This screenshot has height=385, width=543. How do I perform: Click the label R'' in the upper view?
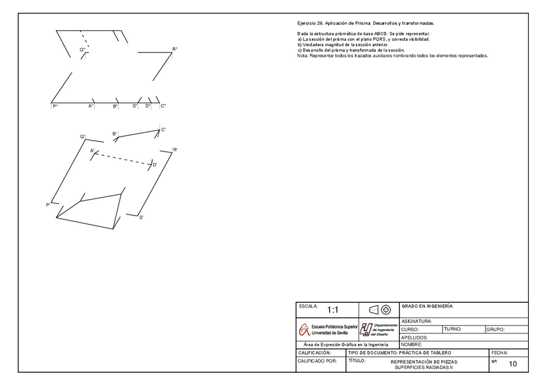click(175, 49)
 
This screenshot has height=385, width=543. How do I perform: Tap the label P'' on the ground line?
click(56, 106)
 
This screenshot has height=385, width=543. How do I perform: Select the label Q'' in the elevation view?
click(83, 49)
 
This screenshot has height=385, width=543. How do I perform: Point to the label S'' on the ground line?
click(135, 106)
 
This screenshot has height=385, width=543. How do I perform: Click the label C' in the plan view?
click(164, 130)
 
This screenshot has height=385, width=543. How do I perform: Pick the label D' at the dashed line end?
click(155, 165)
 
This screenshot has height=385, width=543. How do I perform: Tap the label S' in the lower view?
click(141, 218)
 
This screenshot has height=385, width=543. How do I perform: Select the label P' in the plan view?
click(48, 205)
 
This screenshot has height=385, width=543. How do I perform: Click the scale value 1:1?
click(333, 310)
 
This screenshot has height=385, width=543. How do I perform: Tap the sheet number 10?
click(512, 364)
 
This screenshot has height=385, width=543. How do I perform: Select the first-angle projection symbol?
click(380, 309)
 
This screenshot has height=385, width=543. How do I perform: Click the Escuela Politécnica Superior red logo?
click(303, 330)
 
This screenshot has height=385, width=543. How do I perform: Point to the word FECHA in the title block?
click(499, 353)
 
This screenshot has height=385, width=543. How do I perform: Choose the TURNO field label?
click(452, 329)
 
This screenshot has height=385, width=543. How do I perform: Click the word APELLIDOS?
click(414, 337)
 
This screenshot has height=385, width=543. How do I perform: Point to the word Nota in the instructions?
click(302, 56)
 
